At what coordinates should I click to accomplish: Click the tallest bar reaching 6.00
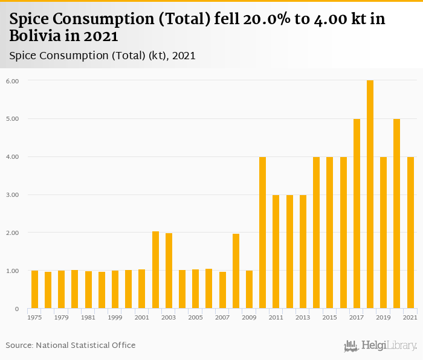coord(370,194)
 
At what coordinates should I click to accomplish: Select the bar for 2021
coord(410,233)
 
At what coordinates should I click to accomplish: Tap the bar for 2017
coord(357,214)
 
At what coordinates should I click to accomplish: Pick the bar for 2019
coord(383,233)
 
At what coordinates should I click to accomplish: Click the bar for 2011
coord(276,252)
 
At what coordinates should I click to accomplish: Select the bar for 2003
coord(169,271)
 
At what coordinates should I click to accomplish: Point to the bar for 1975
coord(34,289)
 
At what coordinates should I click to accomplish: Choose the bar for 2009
coord(249,289)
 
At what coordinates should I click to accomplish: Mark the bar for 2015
coord(330,233)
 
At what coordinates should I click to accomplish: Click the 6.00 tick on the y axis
coord(13,81)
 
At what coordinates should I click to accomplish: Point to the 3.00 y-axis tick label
coord(13,195)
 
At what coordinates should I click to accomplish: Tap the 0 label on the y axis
coord(17,309)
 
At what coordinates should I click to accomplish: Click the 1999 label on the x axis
coord(115,317)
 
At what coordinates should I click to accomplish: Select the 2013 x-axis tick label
coord(303,317)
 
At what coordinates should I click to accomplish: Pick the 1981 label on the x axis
coord(88,317)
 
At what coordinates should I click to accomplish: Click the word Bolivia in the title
coord(33,36)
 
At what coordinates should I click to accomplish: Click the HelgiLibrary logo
coord(381,346)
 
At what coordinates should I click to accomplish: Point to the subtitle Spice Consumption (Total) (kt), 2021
coord(102,56)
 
